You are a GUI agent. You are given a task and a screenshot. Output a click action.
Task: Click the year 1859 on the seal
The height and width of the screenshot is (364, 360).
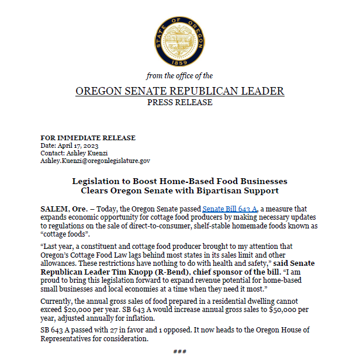pyautogui.click(x=179, y=61)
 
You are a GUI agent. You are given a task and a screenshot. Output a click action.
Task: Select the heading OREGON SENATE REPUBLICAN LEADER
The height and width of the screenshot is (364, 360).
pyautogui.click(x=180, y=91)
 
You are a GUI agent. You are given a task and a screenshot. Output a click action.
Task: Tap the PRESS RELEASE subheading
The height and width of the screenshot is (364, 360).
pyautogui.click(x=180, y=102)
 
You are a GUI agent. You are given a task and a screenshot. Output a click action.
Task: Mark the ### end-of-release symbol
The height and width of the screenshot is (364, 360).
pyautogui.click(x=180, y=351)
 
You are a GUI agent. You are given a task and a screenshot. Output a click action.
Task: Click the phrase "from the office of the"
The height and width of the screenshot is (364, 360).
pyautogui.click(x=179, y=76)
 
